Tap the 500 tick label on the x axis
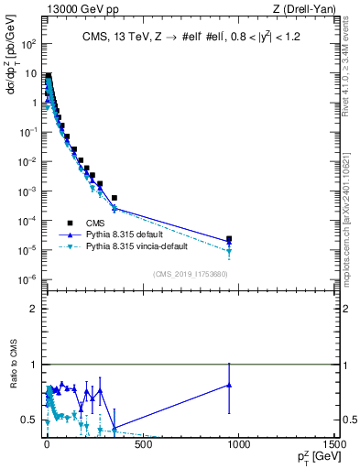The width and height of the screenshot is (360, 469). tap(141, 446)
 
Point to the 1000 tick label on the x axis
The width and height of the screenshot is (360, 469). tap(238, 446)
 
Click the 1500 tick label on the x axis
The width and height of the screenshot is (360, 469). tap(334, 446)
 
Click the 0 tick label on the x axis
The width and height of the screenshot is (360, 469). tap(46, 446)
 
